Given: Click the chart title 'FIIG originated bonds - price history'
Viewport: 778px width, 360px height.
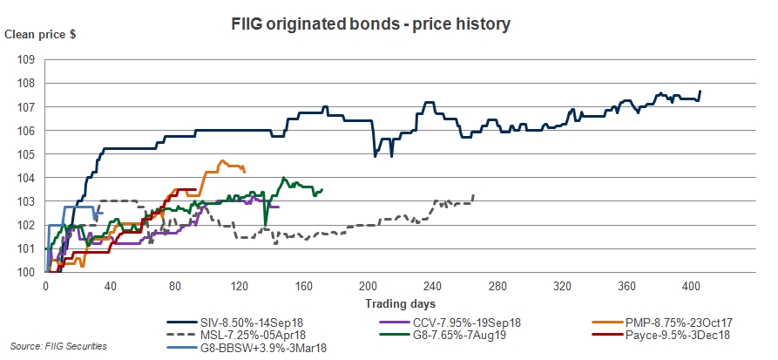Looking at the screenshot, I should pos(389,24).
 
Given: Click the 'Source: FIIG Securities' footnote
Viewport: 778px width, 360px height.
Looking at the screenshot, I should pos(59,346).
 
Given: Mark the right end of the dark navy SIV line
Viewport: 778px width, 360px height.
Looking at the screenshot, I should pos(700,92).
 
